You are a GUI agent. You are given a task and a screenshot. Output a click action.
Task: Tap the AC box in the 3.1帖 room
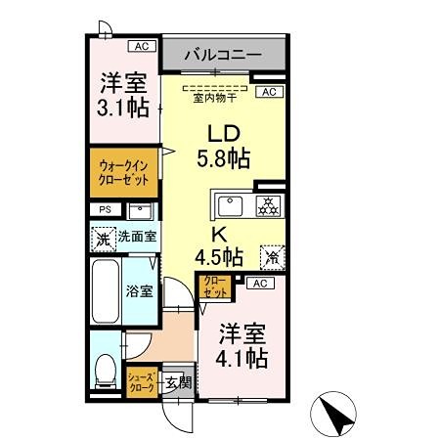click(141, 46)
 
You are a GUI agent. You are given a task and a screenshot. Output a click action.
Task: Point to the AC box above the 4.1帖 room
click(258, 284)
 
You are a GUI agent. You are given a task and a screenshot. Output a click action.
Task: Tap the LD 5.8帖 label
click(225, 145)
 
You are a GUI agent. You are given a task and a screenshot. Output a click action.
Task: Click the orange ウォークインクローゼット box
click(123, 173)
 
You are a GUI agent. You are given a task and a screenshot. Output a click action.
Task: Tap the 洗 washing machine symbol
click(104, 237)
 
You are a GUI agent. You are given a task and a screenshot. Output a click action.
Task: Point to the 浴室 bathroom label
click(139, 290)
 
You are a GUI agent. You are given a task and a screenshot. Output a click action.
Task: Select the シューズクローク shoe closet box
click(142, 380)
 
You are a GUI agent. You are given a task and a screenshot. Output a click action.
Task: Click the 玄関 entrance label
click(175, 381)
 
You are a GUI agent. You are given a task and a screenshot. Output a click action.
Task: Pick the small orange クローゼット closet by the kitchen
click(214, 286)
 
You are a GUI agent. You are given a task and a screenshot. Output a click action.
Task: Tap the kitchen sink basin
click(232, 205)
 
